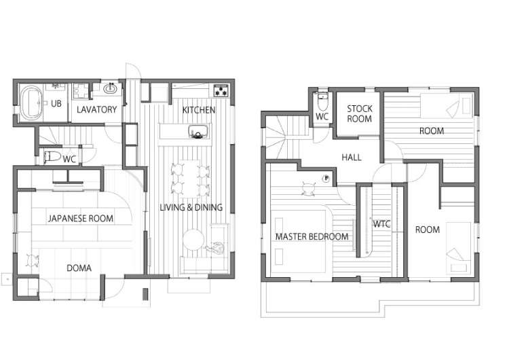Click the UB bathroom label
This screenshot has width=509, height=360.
56,104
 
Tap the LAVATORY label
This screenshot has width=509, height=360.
97,109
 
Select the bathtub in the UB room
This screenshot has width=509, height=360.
31,103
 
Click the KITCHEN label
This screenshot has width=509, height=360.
199,110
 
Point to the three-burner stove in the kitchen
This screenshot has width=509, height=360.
221,90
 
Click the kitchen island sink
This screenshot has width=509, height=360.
198,132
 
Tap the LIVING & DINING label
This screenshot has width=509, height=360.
191,207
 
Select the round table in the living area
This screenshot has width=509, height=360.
193,240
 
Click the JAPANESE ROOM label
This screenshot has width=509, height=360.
81,218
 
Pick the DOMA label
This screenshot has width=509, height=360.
79,268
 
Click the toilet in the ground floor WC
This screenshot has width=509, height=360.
52,157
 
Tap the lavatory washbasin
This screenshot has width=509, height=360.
111,88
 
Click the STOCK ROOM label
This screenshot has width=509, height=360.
359,113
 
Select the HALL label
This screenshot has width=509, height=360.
352,158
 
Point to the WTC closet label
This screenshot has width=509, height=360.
381,224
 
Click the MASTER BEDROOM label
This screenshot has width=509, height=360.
312,236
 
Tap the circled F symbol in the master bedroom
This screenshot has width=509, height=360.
326,178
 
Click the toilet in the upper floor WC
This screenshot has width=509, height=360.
322,101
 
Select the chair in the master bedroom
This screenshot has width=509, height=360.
308,188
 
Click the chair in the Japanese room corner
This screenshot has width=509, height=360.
32,261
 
